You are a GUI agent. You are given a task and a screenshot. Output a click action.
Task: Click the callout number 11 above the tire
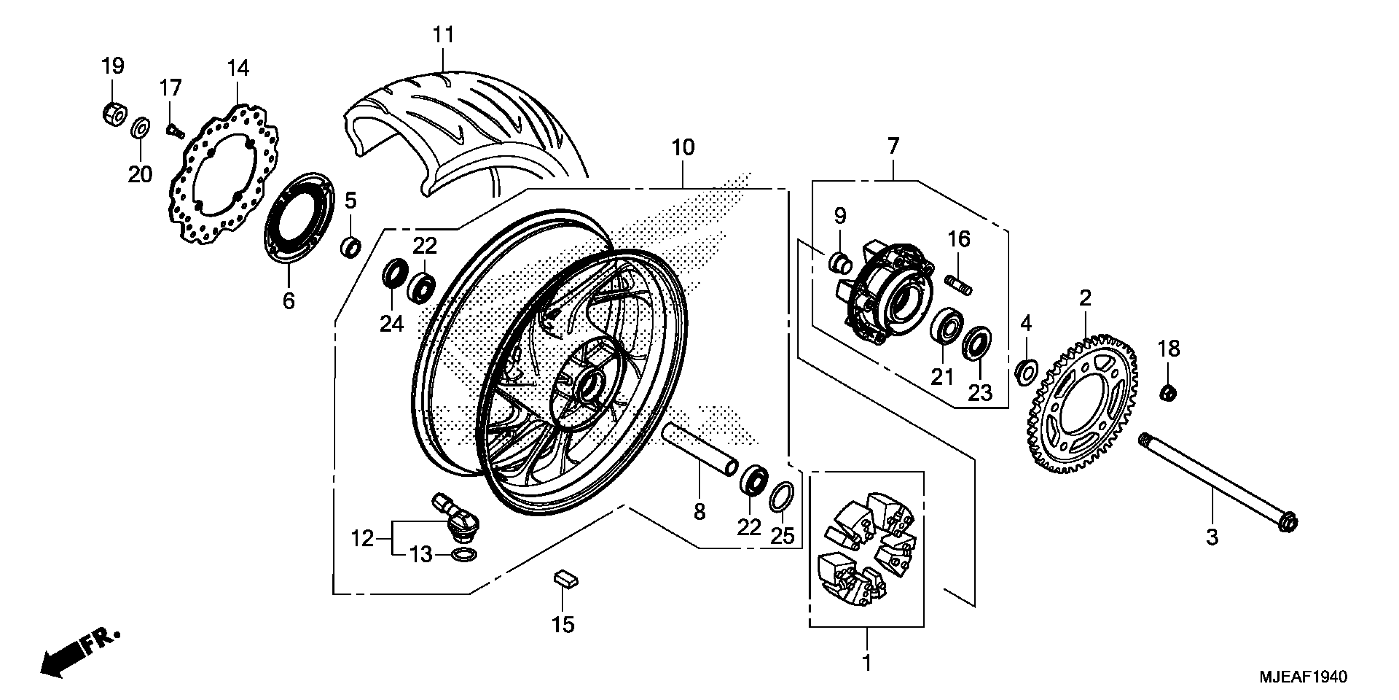(443, 35)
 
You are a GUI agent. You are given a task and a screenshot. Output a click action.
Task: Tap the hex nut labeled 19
(114, 113)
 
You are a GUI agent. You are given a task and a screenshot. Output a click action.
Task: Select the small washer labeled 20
(141, 128)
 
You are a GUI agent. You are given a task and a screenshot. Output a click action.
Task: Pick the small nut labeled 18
(1168, 392)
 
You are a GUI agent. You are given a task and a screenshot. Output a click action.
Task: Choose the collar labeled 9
(840, 263)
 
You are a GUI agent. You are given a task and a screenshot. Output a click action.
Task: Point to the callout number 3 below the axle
(1212, 537)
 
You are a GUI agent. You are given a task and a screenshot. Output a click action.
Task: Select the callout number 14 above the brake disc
(238, 68)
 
